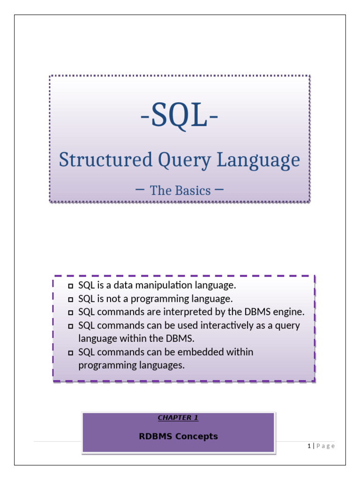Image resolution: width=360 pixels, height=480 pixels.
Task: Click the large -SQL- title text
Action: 180,115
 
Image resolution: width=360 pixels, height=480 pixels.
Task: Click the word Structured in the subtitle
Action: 105,159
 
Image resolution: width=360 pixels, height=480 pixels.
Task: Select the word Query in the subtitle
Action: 185,160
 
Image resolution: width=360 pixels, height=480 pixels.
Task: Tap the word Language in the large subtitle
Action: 258,160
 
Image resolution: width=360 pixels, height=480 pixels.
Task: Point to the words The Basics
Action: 180,190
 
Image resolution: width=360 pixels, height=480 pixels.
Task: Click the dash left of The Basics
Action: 140,189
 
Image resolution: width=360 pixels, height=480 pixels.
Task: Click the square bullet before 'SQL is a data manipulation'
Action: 71,286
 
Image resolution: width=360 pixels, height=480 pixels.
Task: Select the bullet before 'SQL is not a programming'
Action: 71,300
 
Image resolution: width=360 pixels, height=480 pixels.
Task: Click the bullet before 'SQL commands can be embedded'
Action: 71,353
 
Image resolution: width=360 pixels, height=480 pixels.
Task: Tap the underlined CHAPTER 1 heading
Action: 178,418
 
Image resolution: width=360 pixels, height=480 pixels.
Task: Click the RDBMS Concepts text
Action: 179,436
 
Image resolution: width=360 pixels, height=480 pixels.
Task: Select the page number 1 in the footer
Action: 309,446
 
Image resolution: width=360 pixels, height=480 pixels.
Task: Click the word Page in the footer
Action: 325,446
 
